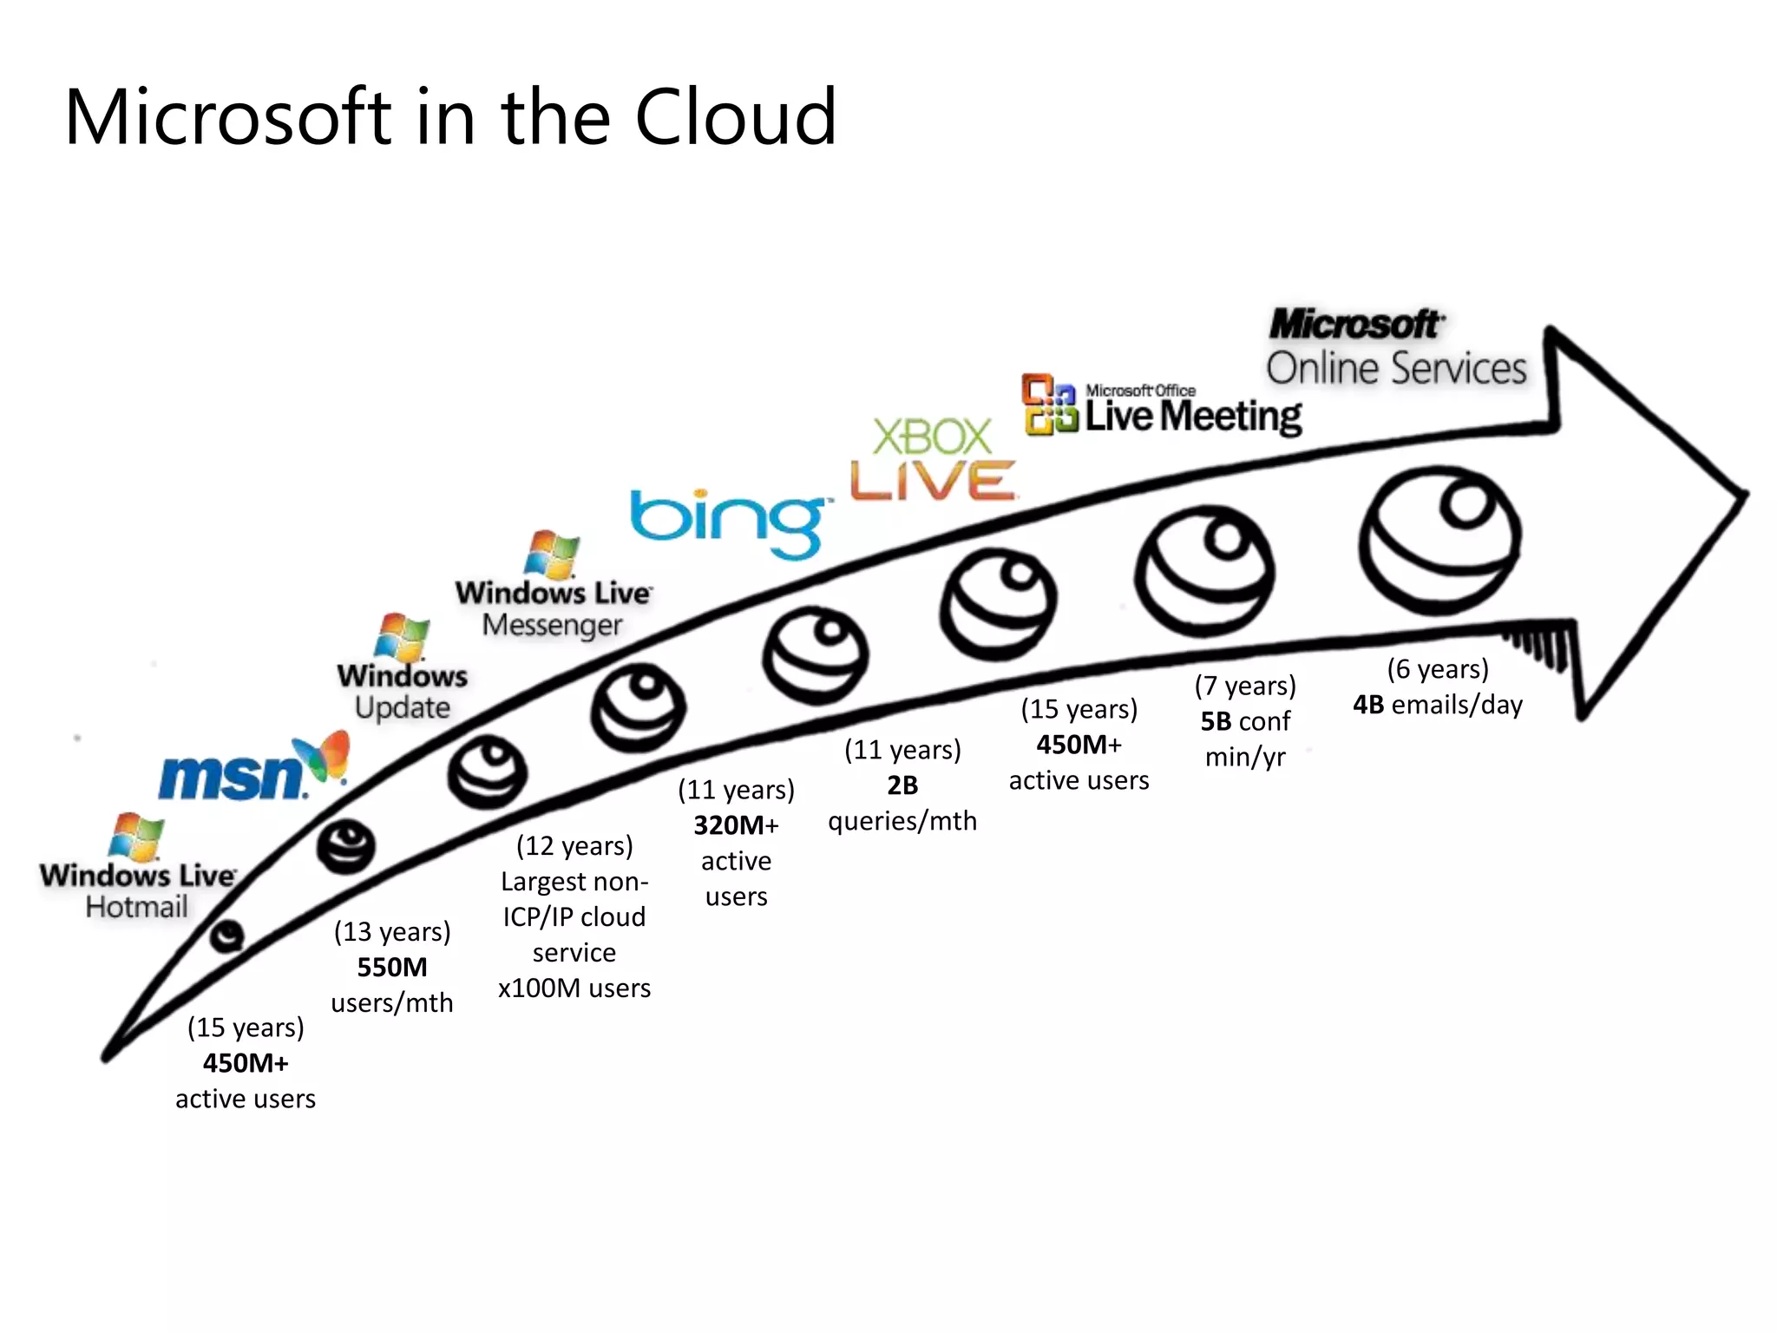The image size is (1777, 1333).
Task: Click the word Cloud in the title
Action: (736, 117)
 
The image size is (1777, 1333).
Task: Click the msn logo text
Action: (233, 777)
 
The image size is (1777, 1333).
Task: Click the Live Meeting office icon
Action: (1048, 404)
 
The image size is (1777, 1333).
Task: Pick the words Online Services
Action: (1396, 368)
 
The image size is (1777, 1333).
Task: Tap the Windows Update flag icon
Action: (402, 637)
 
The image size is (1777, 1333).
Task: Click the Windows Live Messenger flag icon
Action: (553, 554)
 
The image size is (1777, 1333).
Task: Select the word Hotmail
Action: (136, 907)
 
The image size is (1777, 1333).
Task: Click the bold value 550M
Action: (392, 967)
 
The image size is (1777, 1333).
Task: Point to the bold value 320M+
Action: (736, 824)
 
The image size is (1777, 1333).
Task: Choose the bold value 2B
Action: (902, 785)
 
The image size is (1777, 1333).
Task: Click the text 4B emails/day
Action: (1438, 705)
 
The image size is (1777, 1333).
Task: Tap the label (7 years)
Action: (1245, 686)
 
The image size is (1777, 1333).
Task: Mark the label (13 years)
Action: (392, 931)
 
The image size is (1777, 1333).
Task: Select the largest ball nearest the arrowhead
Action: (1439, 540)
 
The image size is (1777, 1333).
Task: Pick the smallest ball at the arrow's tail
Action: (227, 936)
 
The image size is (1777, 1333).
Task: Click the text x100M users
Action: (574, 988)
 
